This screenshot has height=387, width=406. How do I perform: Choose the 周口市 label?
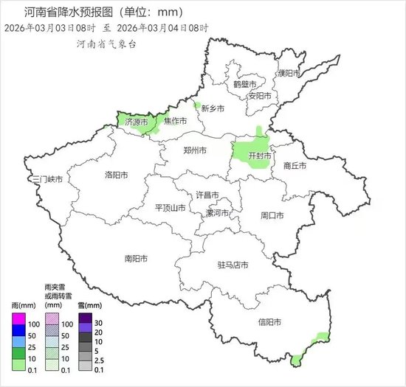272,215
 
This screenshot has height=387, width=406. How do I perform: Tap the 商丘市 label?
295,167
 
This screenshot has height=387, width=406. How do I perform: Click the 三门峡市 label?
47,179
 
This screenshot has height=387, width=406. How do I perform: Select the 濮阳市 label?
289,74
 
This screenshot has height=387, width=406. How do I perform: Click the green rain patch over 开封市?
251,151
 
